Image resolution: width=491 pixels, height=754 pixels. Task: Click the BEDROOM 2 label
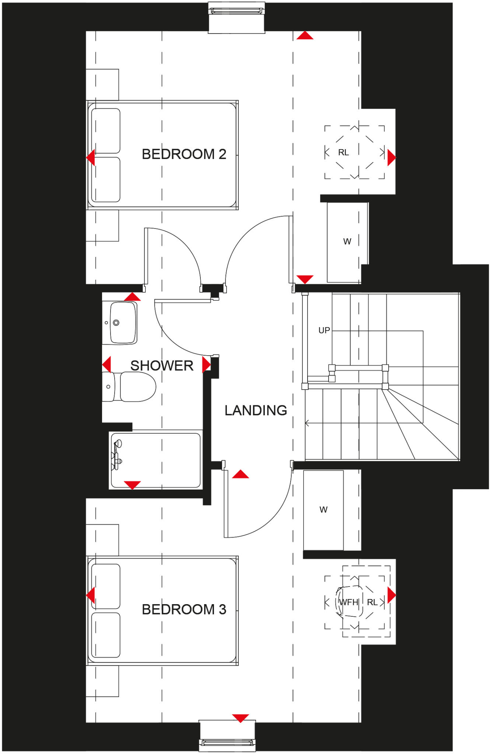(184, 154)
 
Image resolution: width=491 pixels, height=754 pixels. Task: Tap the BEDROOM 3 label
(184, 609)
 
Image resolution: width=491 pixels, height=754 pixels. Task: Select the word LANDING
(256, 410)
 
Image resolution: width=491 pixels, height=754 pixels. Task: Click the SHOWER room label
(162, 366)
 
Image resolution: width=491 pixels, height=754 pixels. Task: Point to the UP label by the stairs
(324, 330)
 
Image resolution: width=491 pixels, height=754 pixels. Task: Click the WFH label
(348, 602)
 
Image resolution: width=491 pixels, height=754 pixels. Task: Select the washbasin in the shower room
(123, 323)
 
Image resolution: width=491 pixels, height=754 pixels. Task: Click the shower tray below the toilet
(155, 460)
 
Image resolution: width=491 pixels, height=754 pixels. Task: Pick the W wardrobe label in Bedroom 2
(347, 242)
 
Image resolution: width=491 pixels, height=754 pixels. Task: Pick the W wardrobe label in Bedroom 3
(323, 510)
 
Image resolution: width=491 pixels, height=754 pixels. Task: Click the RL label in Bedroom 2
(343, 152)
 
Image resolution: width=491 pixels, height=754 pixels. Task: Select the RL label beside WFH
(372, 602)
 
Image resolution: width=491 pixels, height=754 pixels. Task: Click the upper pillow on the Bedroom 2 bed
(106, 131)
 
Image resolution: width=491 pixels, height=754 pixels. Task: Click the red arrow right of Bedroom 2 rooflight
(391, 158)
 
